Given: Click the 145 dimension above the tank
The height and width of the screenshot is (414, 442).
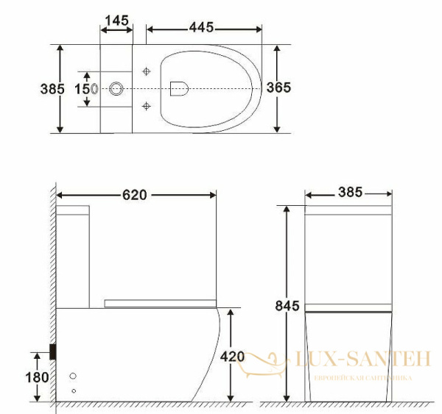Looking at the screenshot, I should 117,20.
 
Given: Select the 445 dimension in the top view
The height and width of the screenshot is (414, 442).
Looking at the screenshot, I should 201,27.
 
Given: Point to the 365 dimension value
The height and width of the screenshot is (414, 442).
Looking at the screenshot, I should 278,88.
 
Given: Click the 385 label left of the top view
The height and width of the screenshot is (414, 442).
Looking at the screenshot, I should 51,88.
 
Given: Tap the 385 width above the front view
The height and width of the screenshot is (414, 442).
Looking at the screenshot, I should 349,192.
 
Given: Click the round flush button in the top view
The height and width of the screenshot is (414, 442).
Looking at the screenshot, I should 116,89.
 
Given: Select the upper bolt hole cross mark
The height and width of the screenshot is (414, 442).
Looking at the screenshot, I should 146,71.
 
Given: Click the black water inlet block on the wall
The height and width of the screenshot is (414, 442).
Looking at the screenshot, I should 53,351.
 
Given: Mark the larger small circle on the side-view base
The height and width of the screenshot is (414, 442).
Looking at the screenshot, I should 72,376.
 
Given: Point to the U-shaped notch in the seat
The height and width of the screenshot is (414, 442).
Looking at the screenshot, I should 178,88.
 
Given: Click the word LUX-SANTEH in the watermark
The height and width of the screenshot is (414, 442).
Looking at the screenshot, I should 361,359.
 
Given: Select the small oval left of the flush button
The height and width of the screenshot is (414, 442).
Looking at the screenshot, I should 95,88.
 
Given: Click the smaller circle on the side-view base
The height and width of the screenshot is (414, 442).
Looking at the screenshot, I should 73,390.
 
